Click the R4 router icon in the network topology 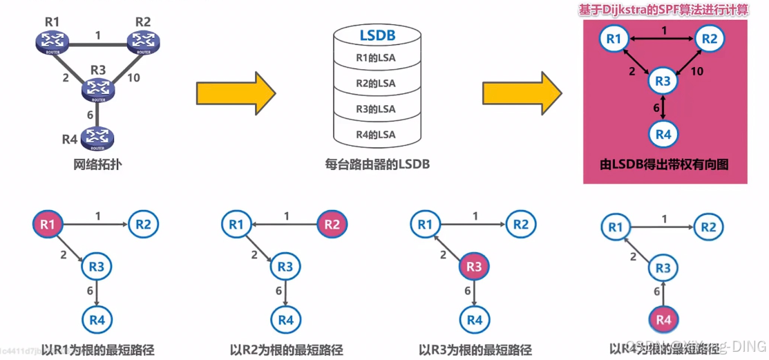tap(97, 139)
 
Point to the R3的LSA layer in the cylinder tap(376, 108)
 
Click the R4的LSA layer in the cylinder tap(376, 134)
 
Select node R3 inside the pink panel tap(663, 82)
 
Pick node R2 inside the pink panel tap(710, 39)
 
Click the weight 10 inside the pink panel tap(697, 72)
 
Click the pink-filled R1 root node tap(47, 224)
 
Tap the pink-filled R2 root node tap(332, 224)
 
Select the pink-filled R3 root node tap(474, 267)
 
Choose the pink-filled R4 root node tap(663, 321)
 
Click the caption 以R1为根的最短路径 tap(97, 350)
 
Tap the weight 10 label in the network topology tap(133, 77)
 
